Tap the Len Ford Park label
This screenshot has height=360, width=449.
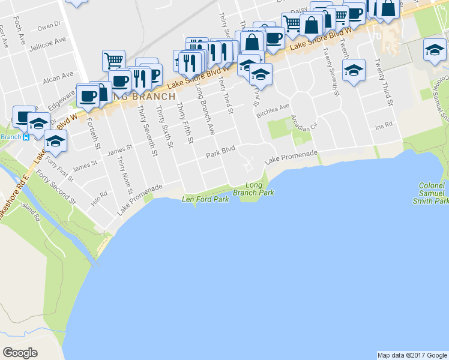(x=205, y=199)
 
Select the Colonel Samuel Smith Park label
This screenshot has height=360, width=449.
(x=432, y=193)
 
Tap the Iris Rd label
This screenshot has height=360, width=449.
(x=383, y=125)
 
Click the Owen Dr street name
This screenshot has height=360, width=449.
(x=49, y=26)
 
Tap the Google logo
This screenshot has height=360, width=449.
(x=20, y=352)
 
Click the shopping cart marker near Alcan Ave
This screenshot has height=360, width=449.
(x=113, y=60)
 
